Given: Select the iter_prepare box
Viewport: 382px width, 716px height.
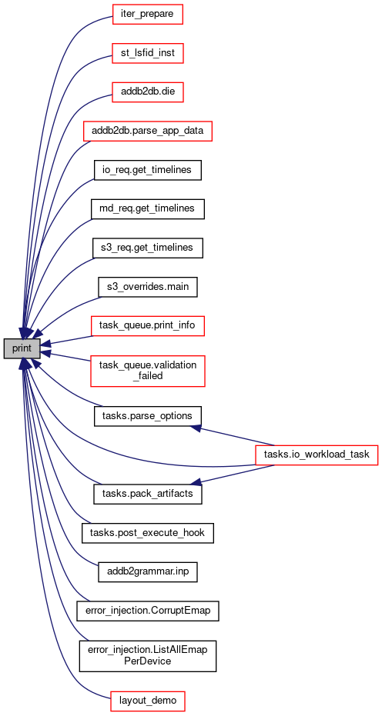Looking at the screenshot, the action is coord(148,14).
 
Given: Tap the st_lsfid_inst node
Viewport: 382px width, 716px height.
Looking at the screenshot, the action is coord(148,54).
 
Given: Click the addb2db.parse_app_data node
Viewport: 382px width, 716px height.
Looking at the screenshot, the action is coord(148,132).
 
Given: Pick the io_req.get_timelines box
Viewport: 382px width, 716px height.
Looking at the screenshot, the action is coord(148,170).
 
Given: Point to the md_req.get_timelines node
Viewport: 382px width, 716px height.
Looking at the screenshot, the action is coord(148,209).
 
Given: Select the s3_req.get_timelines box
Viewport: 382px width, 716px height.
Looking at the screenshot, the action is coord(148,248).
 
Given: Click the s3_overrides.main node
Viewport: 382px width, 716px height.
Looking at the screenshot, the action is coord(148,287).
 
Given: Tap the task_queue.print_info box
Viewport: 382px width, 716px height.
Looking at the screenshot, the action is coord(148,326).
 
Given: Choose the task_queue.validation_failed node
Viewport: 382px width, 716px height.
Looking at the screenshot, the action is coord(148,371).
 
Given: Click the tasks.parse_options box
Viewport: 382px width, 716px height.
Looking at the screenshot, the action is coord(148,417).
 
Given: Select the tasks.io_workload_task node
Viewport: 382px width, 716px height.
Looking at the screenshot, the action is coord(317,455).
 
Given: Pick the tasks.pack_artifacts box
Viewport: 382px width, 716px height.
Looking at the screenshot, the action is coord(148,495).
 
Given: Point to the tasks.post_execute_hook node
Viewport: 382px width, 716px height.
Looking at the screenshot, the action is coord(148,534).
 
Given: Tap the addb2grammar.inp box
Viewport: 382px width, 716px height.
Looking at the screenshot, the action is coord(148,572).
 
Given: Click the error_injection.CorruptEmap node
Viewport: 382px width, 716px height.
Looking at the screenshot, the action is coord(148,611).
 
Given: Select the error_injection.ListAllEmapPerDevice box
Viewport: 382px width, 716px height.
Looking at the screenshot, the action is coord(148,656).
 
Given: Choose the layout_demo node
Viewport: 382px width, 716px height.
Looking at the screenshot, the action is coord(148,701).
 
